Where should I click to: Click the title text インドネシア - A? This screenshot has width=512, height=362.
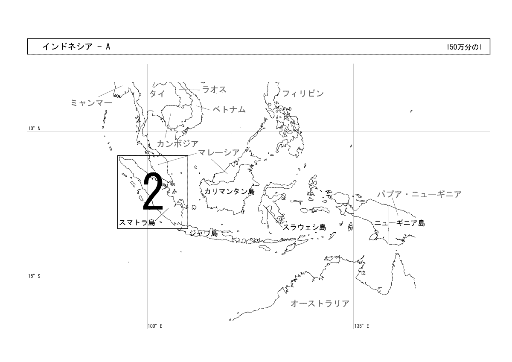pos(76,47)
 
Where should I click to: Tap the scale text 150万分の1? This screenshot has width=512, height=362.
pos(464,47)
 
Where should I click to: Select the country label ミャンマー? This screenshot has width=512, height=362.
pos(91,103)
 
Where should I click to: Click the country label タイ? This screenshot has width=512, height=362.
pos(157,94)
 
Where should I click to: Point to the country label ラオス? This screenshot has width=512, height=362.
pos(214,89)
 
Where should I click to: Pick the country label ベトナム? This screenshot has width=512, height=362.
pos(229,110)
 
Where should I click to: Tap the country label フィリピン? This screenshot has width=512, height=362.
pos(303,93)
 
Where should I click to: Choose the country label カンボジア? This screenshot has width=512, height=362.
pos(177,143)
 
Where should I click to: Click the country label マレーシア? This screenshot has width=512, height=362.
pos(219,152)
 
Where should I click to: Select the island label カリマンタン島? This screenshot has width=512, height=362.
pos(230,191)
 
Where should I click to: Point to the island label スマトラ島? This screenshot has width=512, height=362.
pos(137,222)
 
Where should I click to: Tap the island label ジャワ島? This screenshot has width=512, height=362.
pos(204,233)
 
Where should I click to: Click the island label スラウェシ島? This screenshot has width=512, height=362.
pos(305,227)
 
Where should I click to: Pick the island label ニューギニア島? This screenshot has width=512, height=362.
pos(399,223)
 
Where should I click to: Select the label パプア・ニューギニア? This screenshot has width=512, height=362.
pos(419,194)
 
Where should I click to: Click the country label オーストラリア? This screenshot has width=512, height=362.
pos(320,304)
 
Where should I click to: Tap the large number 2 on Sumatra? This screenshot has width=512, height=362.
pos(153,191)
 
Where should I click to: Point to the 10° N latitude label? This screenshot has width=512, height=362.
pos(34,128)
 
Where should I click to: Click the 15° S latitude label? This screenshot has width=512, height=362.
pos(34,276)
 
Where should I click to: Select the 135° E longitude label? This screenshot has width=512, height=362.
pos(362,326)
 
